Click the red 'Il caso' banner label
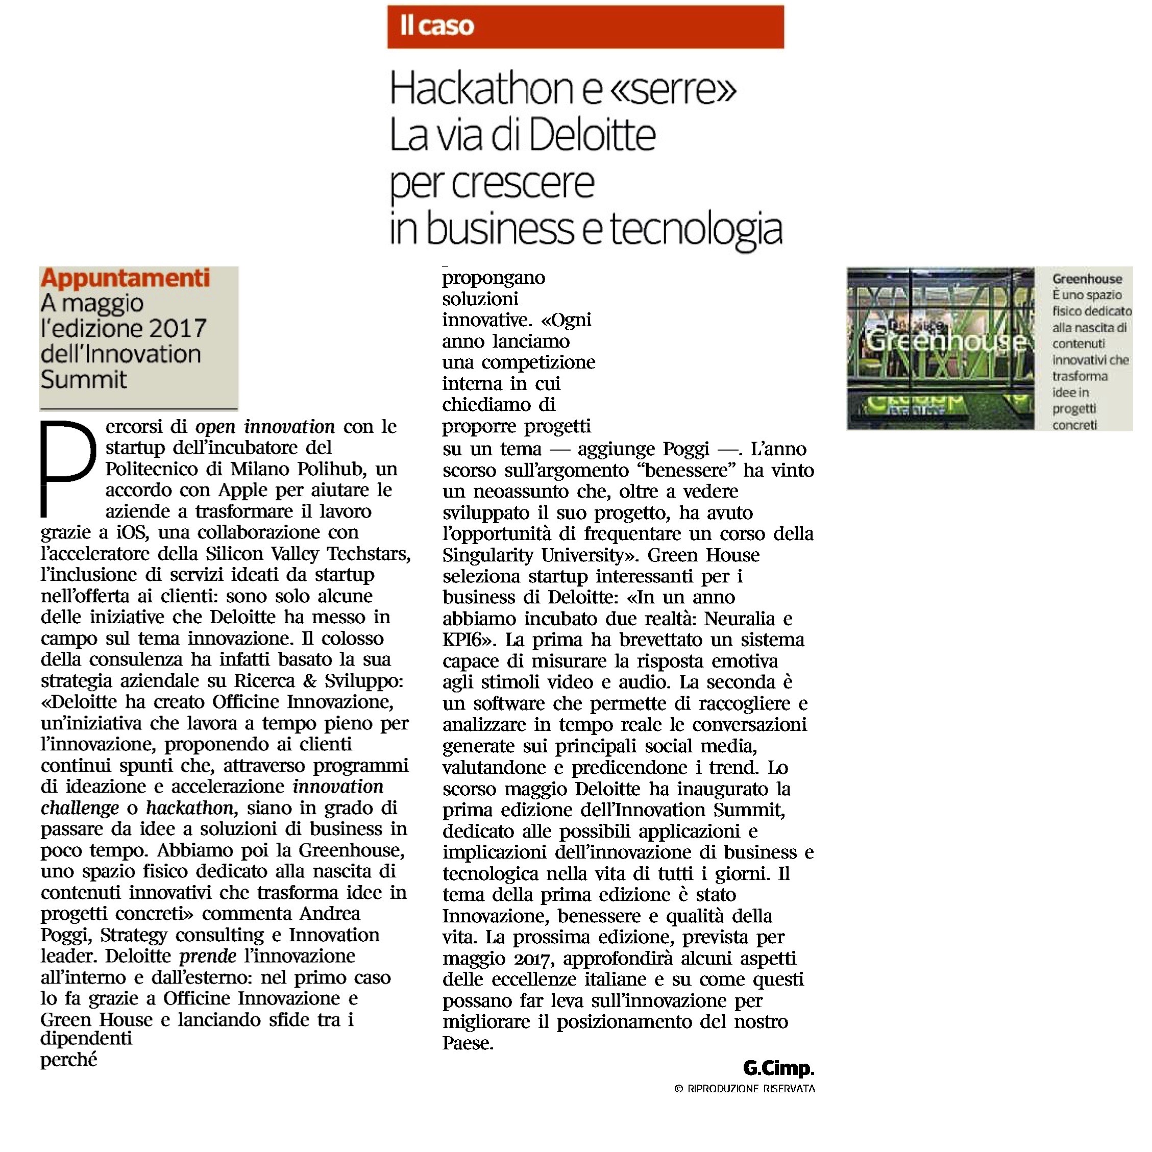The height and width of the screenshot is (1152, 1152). click(437, 26)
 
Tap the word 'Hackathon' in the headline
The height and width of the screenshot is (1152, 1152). click(481, 89)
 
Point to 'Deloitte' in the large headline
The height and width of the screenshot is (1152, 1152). click(592, 135)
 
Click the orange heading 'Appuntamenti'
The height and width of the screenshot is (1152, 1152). click(125, 279)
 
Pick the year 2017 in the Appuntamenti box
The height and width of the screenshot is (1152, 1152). click(178, 329)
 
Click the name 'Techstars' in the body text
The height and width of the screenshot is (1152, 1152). click(369, 554)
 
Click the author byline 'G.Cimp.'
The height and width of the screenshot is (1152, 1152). click(778, 1068)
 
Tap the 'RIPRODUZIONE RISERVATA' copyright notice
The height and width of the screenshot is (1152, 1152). click(750, 1089)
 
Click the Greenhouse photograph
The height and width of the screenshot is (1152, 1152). click(940, 348)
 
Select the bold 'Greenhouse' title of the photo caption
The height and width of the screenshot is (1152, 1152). click(1086, 279)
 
